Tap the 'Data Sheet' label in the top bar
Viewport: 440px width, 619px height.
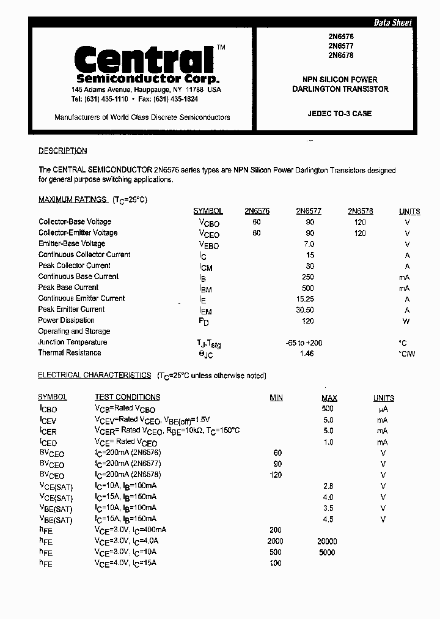coord(392,23)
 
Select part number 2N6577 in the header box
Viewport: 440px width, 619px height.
coord(340,46)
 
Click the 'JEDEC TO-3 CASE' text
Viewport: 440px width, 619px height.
coord(340,114)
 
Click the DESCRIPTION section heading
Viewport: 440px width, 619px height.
coord(62,151)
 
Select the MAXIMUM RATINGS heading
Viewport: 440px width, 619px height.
coord(73,199)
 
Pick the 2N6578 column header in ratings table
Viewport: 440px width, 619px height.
coord(360,211)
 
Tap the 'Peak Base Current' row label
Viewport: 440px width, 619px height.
coord(68,287)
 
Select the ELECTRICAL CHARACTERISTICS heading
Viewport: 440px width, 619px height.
coord(94,376)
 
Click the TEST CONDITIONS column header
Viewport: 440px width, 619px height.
coord(127,398)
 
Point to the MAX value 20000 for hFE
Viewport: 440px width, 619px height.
coord(327,541)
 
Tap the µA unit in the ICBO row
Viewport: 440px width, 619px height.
coord(383,409)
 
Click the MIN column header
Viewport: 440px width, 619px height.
coord(276,398)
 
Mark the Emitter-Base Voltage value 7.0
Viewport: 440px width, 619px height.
coord(310,244)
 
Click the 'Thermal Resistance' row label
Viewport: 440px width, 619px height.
coord(70,353)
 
